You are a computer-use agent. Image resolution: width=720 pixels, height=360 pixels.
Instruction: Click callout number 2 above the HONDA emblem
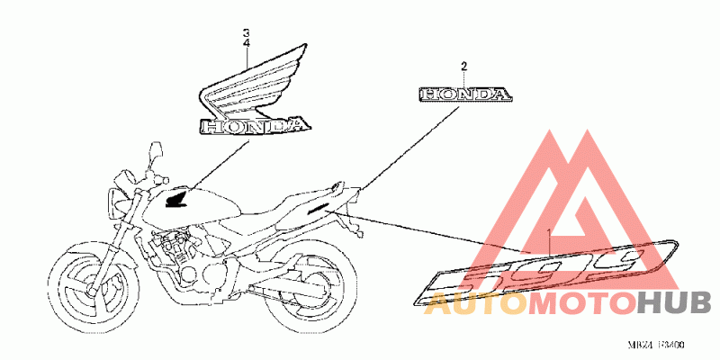click(x=464, y=67)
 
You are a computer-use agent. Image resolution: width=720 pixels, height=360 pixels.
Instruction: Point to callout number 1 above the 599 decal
click(x=548, y=234)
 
